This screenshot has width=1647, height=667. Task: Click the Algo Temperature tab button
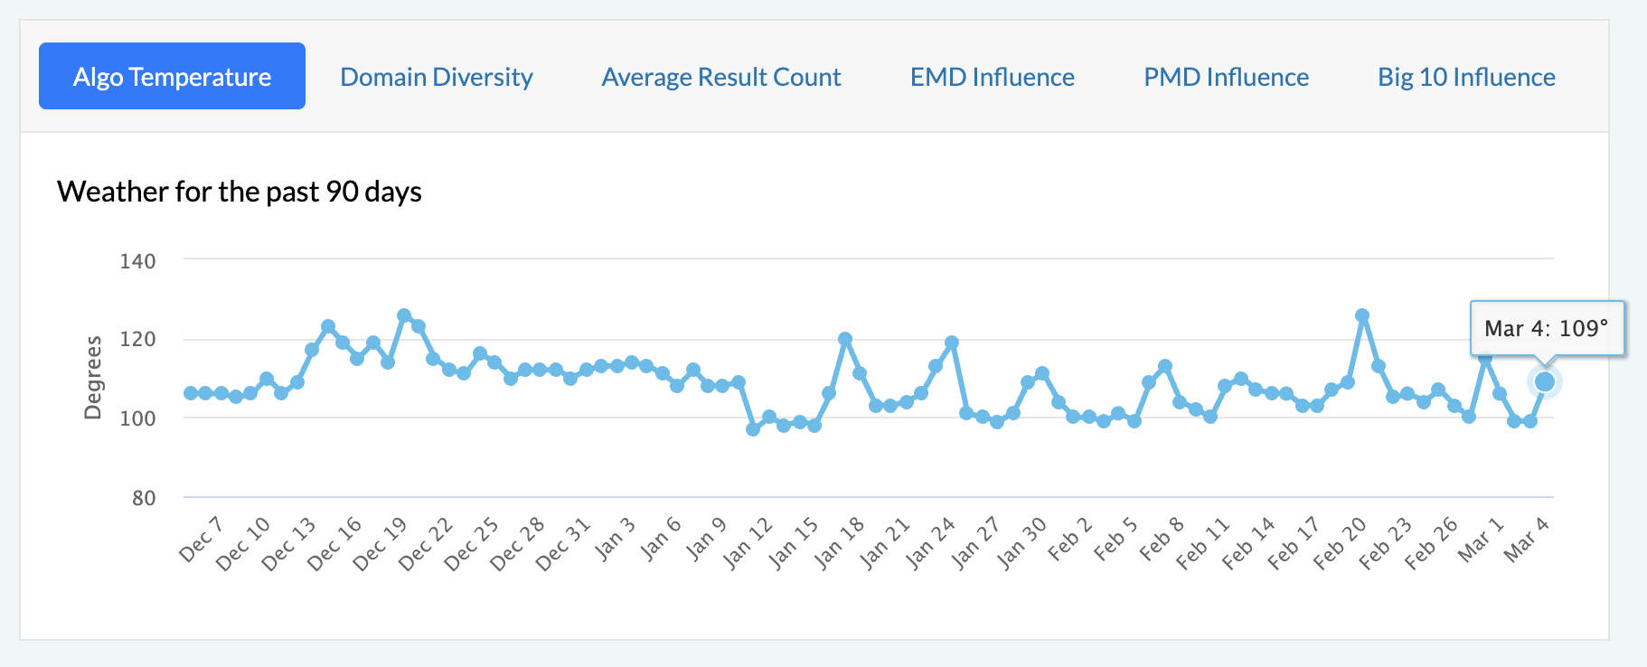(x=172, y=77)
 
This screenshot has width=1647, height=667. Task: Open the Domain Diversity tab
(x=437, y=77)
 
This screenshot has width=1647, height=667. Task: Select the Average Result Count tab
(x=721, y=77)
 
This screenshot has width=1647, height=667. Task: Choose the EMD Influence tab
(x=992, y=77)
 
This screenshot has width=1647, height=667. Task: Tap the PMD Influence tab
(x=1226, y=77)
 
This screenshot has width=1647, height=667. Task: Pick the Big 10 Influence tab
(x=1466, y=77)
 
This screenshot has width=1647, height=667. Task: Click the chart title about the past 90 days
(x=240, y=192)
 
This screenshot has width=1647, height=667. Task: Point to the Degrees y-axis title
(x=93, y=378)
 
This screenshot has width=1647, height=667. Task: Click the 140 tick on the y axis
(x=137, y=261)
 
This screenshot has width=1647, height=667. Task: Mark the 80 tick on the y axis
(x=143, y=498)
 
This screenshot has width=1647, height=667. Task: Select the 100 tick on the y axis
(x=137, y=418)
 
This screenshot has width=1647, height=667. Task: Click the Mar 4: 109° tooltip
(x=1547, y=328)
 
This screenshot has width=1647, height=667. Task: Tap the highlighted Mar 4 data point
(x=1545, y=382)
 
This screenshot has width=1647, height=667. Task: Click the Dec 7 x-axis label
(x=201, y=540)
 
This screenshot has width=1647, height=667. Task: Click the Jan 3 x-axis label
(x=615, y=540)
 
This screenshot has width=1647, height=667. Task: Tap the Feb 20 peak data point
(x=1362, y=315)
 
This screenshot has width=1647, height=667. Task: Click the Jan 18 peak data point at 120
(x=845, y=339)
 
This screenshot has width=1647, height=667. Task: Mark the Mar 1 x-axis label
(x=1480, y=540)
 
